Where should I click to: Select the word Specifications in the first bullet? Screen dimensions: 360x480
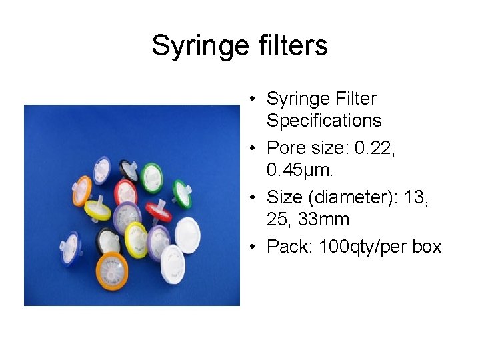click(x=324, y=121)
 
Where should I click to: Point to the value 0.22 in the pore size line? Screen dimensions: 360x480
click(x=374, y=147)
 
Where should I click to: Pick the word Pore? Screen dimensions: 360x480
click(x=287, y=147)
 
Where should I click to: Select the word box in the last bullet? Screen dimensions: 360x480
click(x=427, y=247)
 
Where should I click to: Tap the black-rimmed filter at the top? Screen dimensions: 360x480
click(x=129, y=166)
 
